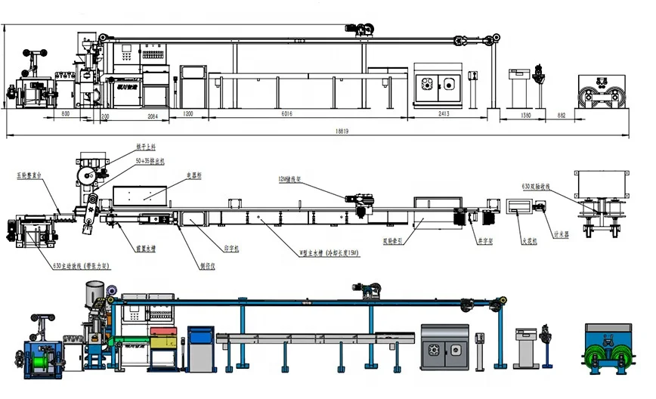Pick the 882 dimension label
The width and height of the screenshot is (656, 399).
561,116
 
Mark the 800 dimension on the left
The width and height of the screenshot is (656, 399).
65,113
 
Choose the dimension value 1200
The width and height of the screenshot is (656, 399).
188,113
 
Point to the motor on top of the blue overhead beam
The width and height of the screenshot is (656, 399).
366,288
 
